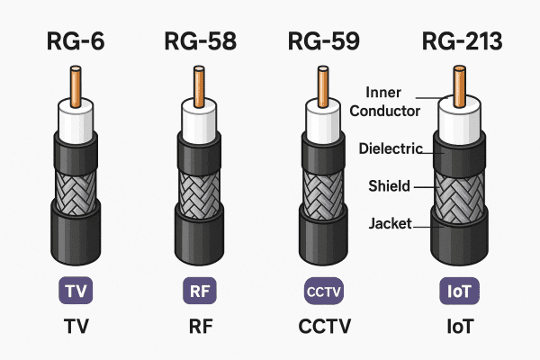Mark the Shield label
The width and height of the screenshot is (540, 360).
tap(389, 186)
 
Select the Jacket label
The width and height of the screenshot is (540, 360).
tap(389, 222)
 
